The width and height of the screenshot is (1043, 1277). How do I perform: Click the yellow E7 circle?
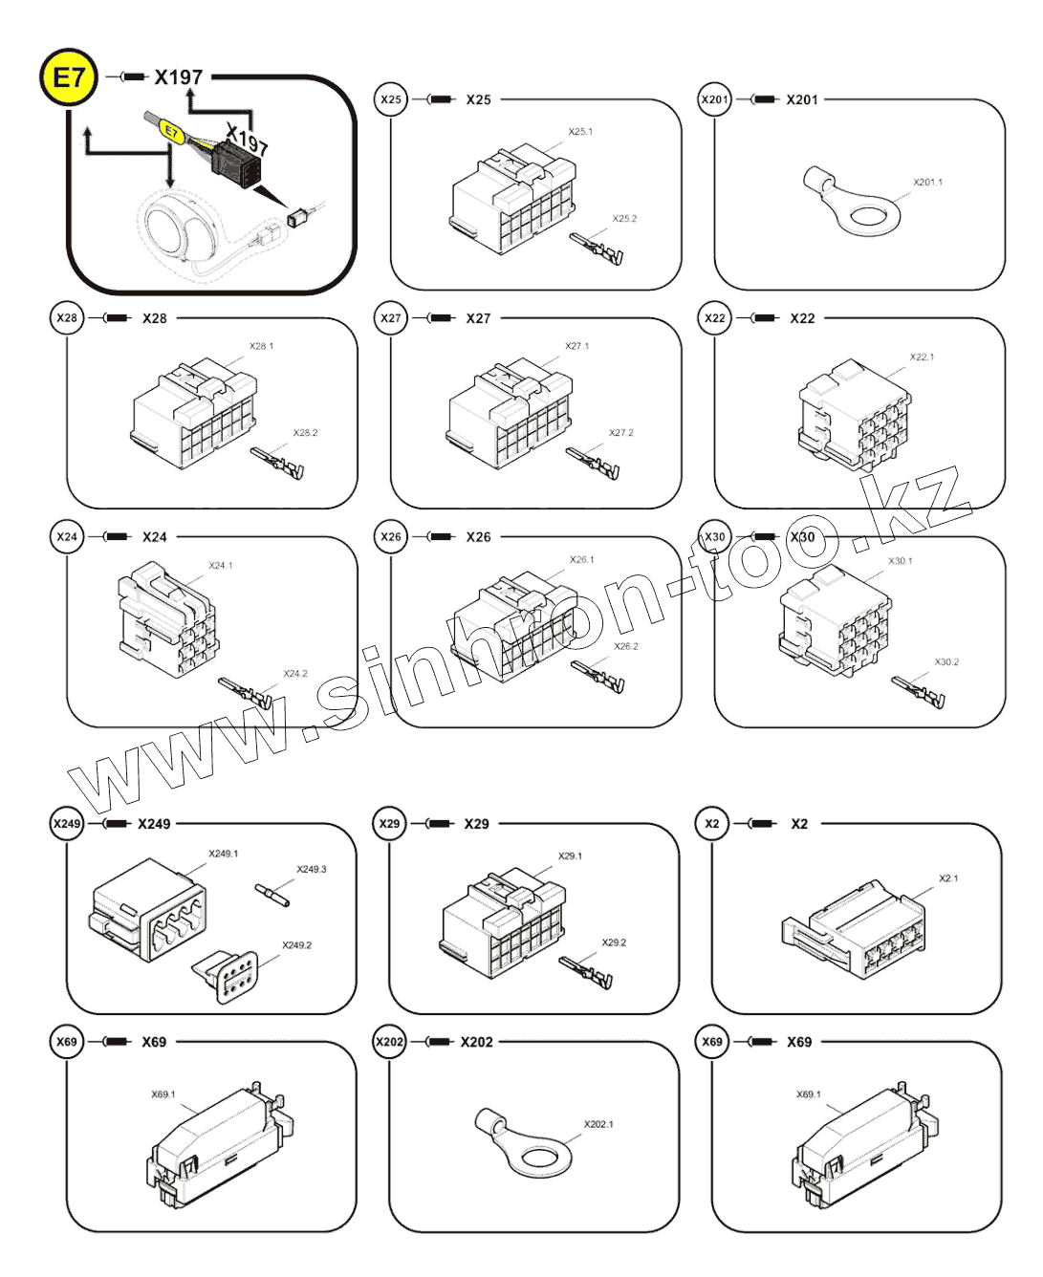69,77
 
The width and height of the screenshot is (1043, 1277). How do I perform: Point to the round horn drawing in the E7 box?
177,229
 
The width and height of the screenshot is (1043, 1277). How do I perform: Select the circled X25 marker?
391,99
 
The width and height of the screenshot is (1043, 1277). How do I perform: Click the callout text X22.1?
922,357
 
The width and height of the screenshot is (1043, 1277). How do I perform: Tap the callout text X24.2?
295,674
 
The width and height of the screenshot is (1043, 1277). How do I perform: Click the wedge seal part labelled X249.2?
227,976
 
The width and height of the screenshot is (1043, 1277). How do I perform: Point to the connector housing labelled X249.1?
148,909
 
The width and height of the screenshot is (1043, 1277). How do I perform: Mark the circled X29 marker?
389,824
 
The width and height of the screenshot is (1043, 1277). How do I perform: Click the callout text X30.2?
946,661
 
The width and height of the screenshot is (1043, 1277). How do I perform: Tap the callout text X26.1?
581,559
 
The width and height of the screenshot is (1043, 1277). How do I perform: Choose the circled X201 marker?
714,99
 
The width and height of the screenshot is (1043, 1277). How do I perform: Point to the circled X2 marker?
712,824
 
